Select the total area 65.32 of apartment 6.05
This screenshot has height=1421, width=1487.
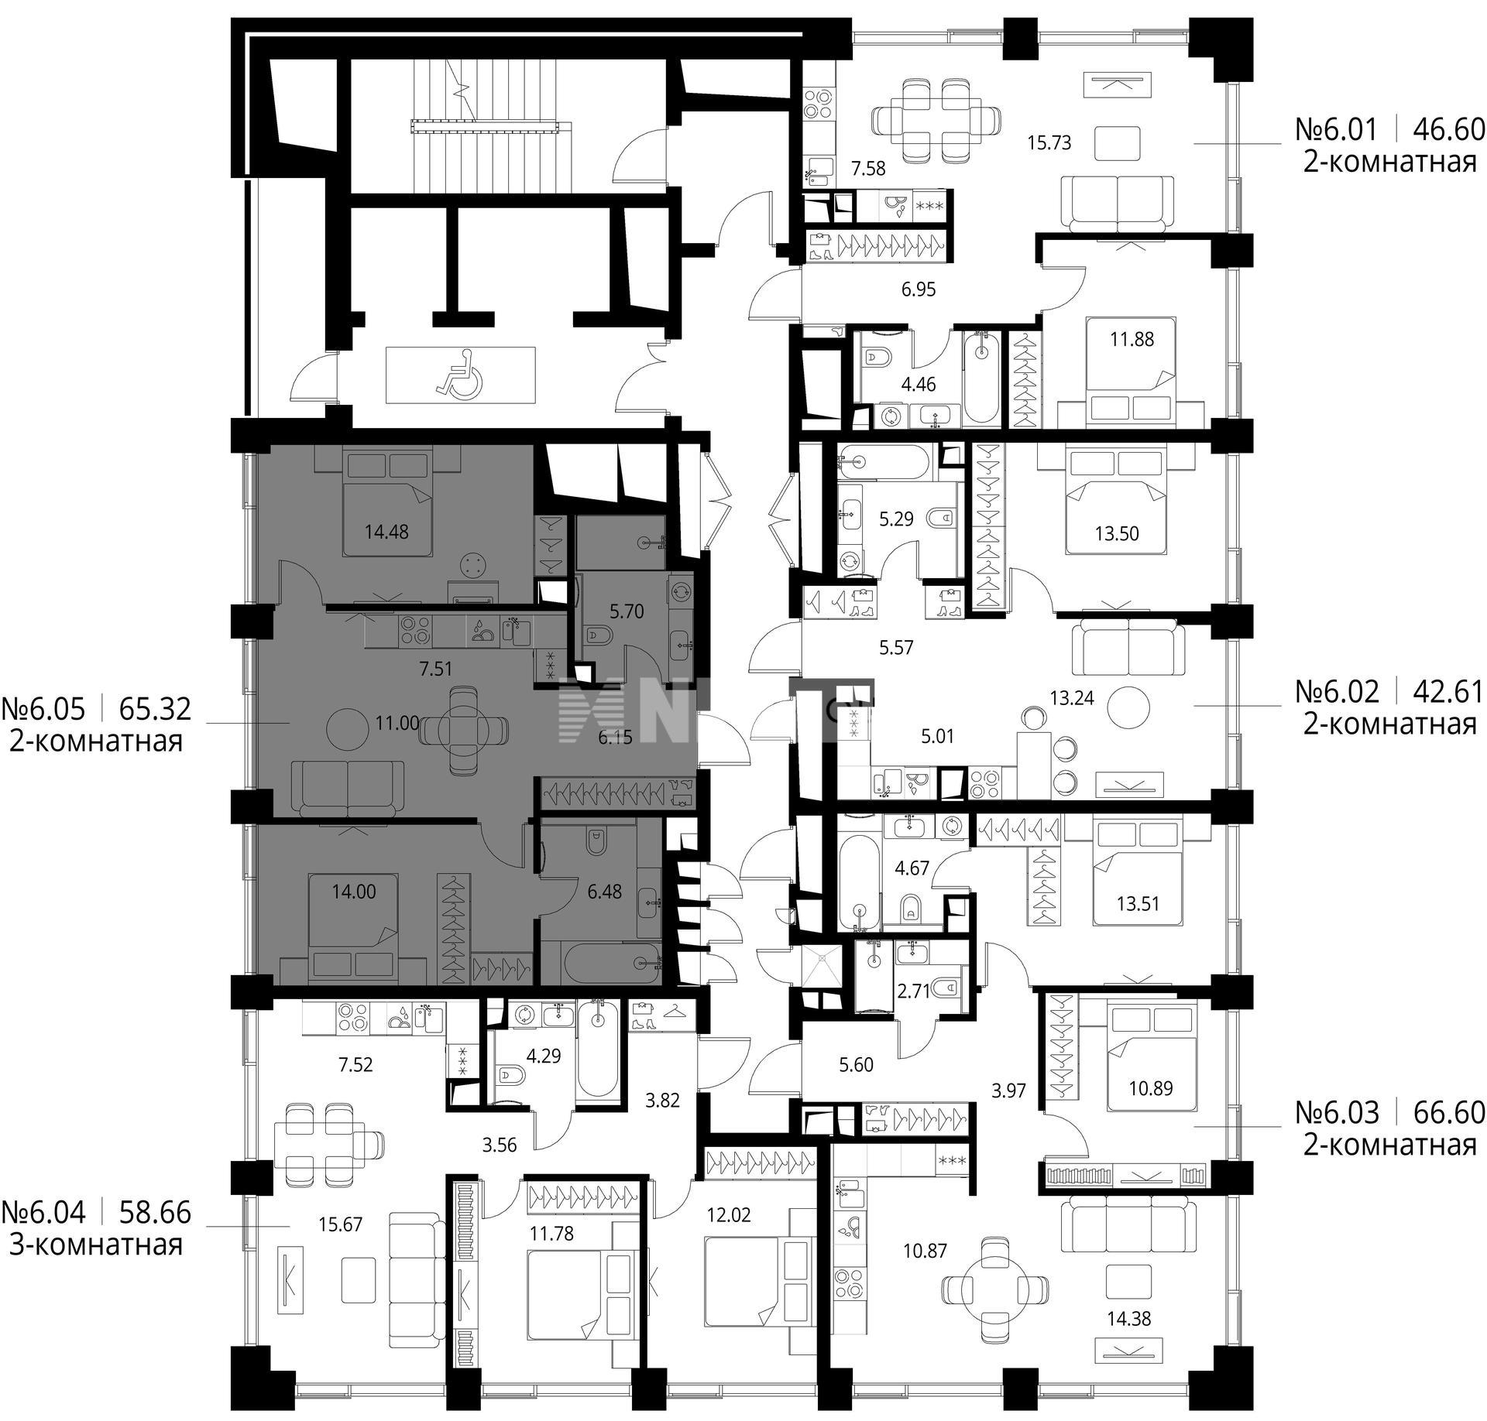155,708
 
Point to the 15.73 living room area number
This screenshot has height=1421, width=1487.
1049,142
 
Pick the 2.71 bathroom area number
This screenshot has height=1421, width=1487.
914,991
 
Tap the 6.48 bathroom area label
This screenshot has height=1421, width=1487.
604,892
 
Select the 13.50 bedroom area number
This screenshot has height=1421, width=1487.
1117,533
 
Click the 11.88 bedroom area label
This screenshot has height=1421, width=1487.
1132,339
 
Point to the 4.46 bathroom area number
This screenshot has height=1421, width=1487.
919,384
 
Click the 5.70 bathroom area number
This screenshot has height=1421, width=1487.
627,611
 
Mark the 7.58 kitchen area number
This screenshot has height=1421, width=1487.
867,168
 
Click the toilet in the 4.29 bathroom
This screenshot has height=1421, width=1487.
508,1075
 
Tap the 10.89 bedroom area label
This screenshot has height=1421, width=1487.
1151,1088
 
